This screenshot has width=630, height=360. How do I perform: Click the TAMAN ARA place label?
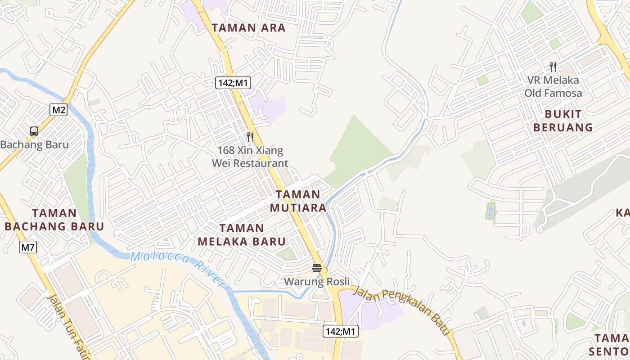pyautogui.click(x=248, y=28)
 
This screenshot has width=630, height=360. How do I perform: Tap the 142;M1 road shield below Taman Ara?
pyautogui.click(x=233, y=83)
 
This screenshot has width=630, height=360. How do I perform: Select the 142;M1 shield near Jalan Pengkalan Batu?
pyautogui.click(x=340, y=332)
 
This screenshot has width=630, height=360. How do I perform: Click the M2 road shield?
pyautogui.click(x=58, y=110)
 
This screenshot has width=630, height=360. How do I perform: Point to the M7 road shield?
pyautogui.click(x=28, y=247)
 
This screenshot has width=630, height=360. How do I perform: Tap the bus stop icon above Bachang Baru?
pyautogui.click(x=34, y=131)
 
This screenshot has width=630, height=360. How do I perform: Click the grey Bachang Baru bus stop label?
pyautogui.click(x=35, y=144)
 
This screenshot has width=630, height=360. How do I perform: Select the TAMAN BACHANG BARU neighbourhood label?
pyautogui.click(x=54, y=220)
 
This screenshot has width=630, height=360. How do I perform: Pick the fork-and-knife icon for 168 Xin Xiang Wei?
pyautogui.click(x=250, y=137)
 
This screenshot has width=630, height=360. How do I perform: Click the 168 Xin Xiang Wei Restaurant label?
pyautogui.click(x=250, y=157)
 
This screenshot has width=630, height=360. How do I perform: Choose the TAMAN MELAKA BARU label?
pyautogui.click(x=242, y=235)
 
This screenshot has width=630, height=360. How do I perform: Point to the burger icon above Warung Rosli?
pyautogui.click(x=317, y=269)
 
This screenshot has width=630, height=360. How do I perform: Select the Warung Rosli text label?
pyautogui.click(x=317, y=282)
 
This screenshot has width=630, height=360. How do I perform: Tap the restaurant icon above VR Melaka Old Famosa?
pyautogui.click(x=553, y=67)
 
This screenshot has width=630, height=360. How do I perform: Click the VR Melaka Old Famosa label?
pyautogui.click(x=553, y=86)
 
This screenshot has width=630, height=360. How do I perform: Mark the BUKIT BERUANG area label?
pyautogui.click(x=563, y=121)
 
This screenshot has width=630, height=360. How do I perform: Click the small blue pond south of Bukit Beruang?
pyautogui.click(x=490, y=211)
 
